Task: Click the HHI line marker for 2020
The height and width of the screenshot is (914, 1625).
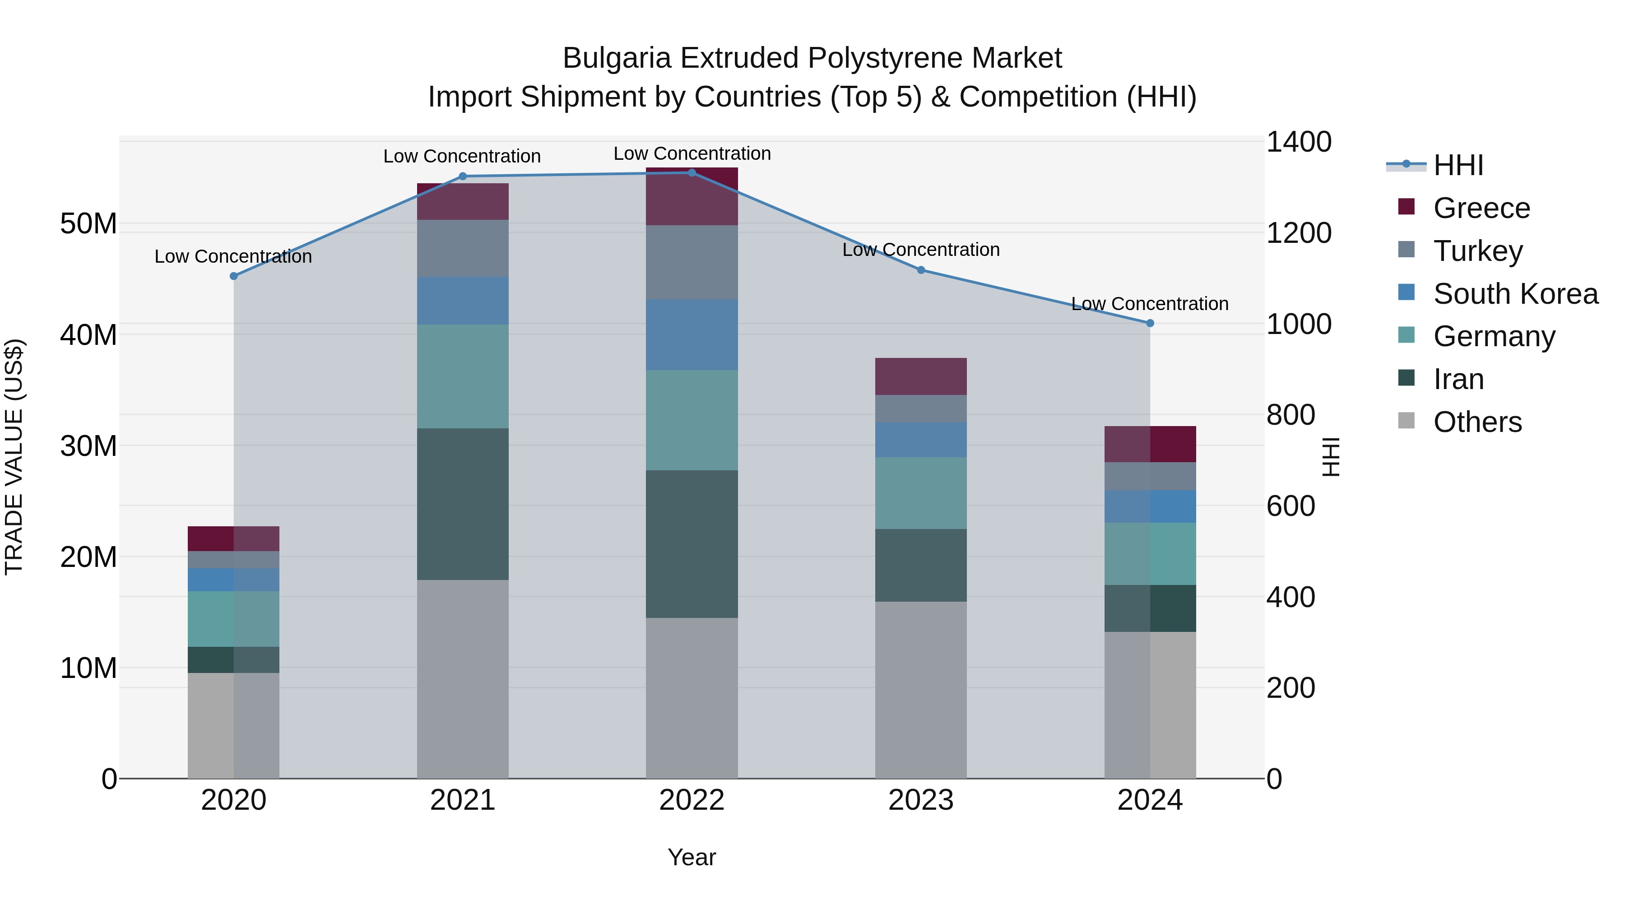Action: [233, 276]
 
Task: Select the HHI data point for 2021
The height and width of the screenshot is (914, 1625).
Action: [462, 176]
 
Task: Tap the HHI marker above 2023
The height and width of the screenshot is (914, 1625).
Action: [920, 270]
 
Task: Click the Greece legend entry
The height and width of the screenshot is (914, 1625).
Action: [1481, 208]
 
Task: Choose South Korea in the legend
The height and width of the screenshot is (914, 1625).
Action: [1515, 294]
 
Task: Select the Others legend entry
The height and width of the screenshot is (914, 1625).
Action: [1477, 422]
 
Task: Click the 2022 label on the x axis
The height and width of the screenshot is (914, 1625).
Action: [692, 800]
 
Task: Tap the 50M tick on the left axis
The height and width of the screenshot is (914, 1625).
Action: [88, 224]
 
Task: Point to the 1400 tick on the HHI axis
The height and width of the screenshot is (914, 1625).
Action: [1298, 142]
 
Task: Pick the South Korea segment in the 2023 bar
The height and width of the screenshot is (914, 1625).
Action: [920, 440]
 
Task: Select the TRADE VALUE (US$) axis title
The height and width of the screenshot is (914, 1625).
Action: [14, 457]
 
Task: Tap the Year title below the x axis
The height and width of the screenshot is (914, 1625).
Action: [692, 857]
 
